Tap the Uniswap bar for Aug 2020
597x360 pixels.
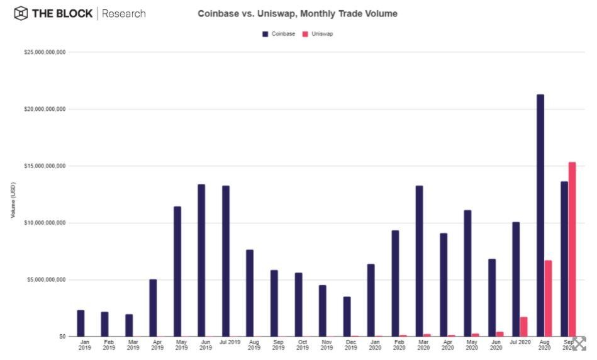548,298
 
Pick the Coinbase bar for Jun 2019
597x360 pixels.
201,261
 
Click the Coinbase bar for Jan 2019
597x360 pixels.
81,323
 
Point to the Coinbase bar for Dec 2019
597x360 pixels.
347,317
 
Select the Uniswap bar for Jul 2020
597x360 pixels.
523,327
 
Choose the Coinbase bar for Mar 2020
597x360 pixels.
419,261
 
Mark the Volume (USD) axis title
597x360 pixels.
13,200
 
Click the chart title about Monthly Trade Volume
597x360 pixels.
298,13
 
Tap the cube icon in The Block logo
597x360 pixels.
21,13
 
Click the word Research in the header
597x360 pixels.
124,13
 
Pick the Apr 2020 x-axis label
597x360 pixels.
447,345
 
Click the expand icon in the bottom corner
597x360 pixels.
579,344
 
